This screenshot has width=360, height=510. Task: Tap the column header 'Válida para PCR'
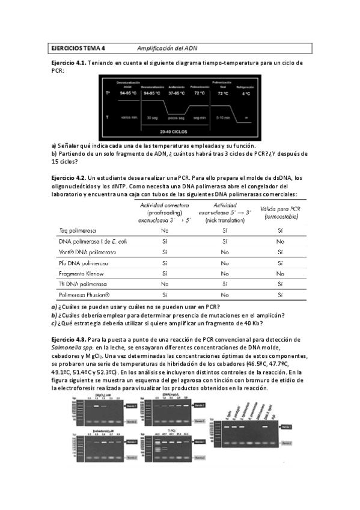[279, 208]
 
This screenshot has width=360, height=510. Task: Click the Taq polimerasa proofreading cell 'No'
[165, 230]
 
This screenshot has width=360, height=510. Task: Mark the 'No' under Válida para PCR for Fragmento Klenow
[278, 272]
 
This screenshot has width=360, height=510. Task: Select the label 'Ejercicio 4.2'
[68, 177]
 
